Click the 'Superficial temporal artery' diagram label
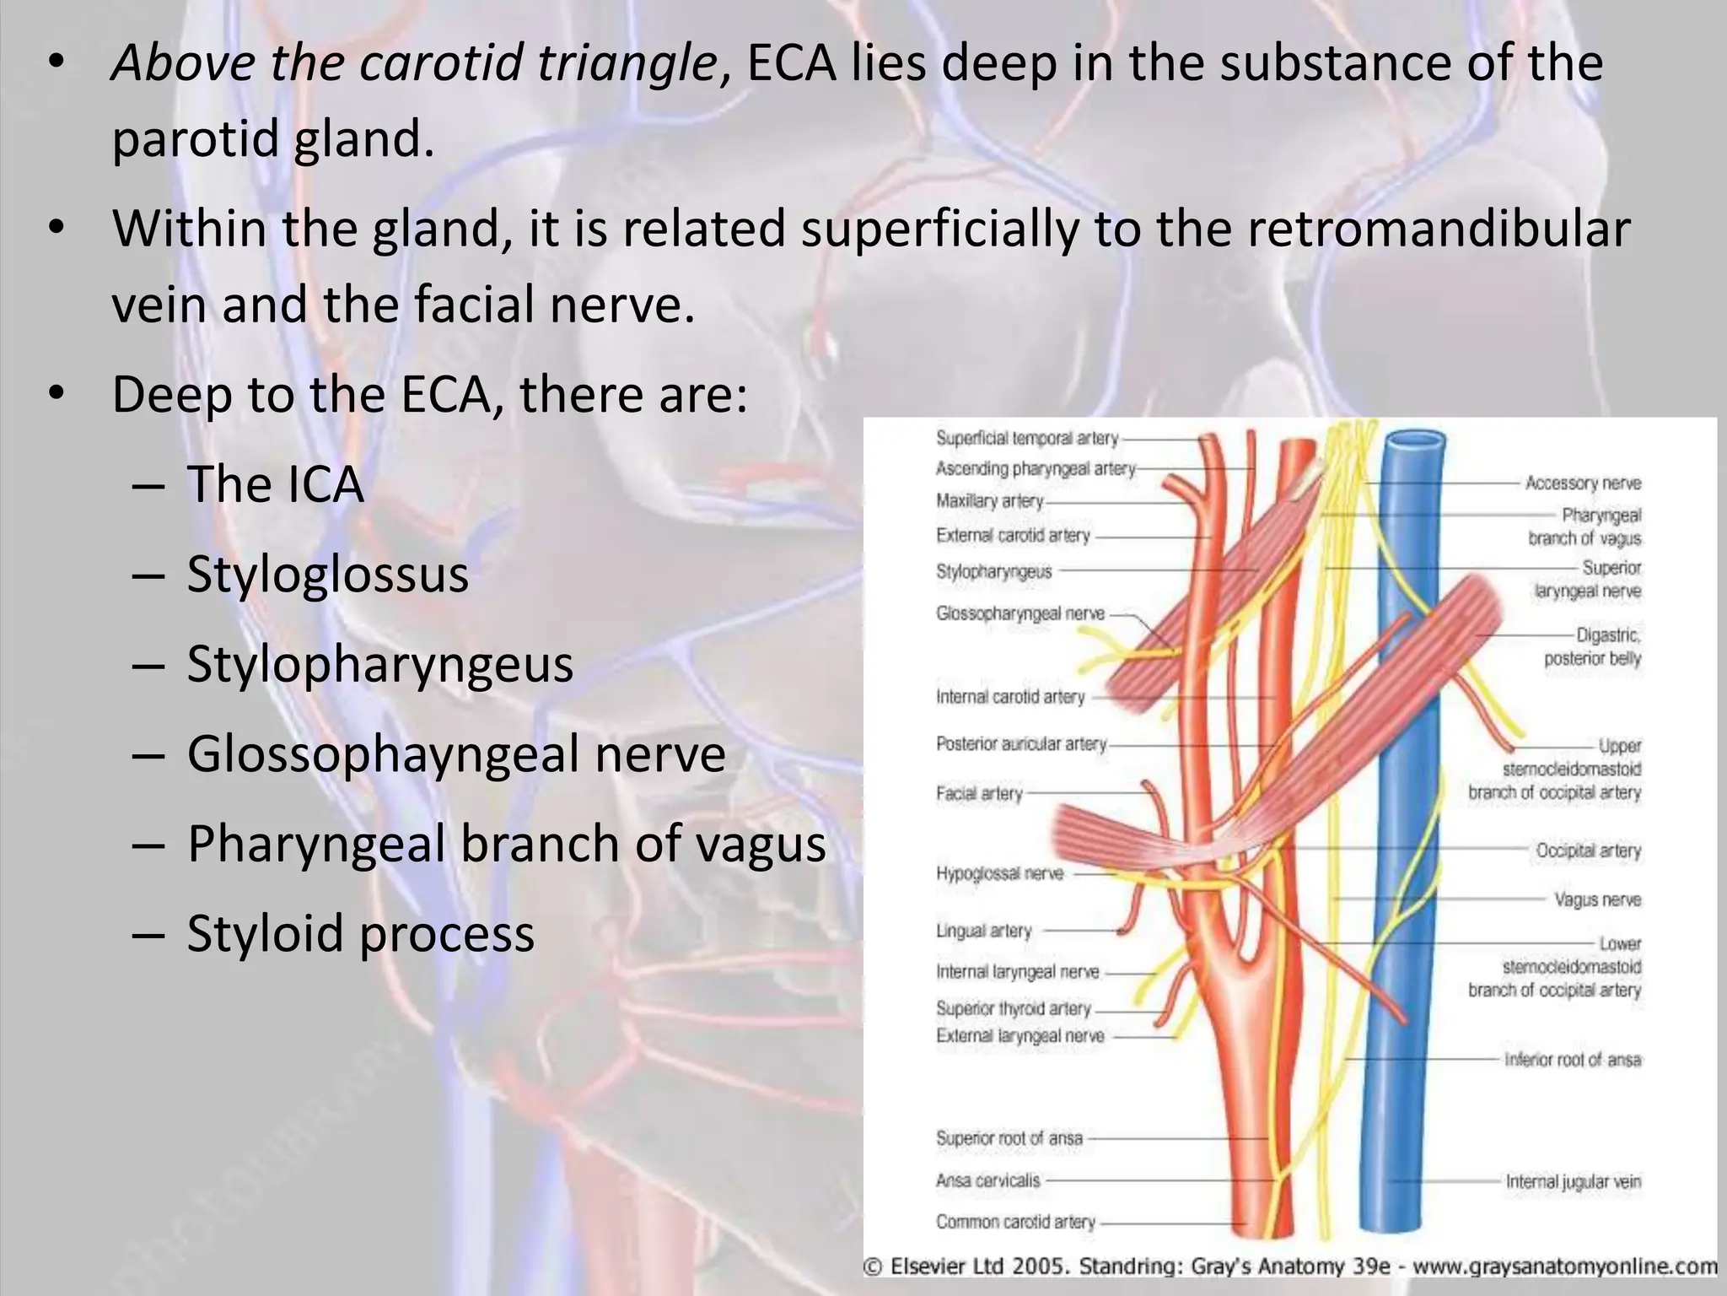(x=1026, y=439)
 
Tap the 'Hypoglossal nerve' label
(x=999, y=874)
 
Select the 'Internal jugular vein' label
(x=1573, y=1182)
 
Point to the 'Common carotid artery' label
(x=1015, y=1222)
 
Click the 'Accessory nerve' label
(x=1583, y=483)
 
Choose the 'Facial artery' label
(x=979, y=794)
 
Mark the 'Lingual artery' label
(x=983, y=931)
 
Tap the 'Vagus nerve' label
(x=1597, y=900)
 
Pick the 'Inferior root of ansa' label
(x=1573, y=1060)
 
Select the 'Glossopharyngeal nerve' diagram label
(x=1020, y=614)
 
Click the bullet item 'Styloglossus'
(x=327, y=575)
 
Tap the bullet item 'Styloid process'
(x=360, y=934)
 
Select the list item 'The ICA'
(x=275, y=484)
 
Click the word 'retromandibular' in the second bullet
(x=1438, y=229)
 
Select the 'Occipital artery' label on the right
(x=1588, y=850)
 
